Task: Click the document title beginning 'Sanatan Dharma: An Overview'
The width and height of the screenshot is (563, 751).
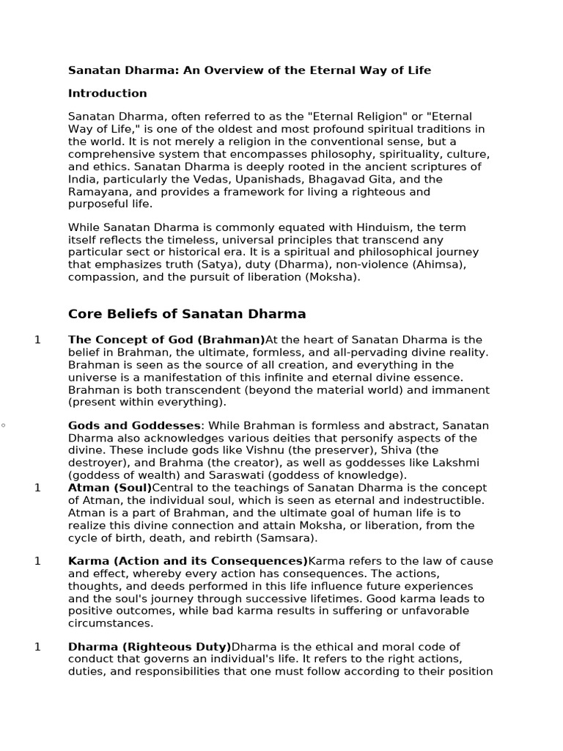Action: (249, 70)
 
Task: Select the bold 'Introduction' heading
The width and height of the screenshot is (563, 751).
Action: (107, 93)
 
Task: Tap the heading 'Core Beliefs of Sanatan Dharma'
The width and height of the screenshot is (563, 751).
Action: (186, 314)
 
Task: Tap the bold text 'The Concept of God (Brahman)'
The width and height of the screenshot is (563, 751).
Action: (166, 340)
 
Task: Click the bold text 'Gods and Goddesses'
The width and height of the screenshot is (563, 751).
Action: (133, 425)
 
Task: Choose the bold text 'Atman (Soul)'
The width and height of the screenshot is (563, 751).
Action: (110, 488)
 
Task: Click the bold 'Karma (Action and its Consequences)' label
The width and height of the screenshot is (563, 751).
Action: (188, 561)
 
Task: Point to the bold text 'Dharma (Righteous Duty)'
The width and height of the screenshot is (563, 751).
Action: (150, 646)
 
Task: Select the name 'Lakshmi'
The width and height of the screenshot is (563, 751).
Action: (454, 463)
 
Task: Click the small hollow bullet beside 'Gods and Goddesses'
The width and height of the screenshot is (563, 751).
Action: (3, 425)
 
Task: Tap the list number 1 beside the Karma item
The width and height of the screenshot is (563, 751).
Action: (37, 561)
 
